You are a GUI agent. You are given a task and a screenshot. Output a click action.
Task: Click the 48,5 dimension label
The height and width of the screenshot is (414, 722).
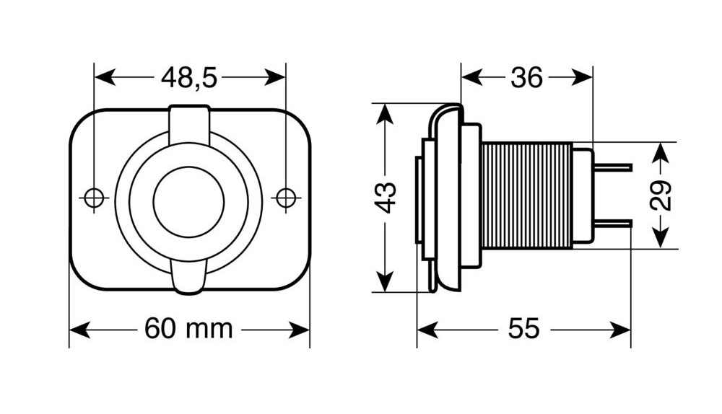coord(188,77)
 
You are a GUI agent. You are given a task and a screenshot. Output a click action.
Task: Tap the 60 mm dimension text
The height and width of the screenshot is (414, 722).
coord(188,329)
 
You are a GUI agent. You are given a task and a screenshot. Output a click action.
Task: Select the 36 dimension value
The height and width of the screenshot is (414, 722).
coord(527,78)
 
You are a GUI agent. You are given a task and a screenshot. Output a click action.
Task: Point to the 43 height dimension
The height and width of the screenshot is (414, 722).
coord(385,198)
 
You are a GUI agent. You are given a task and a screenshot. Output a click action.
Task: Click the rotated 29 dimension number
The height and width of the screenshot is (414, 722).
coord(661,195)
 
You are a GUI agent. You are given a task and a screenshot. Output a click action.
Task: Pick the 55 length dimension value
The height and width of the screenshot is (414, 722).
coord(523,329)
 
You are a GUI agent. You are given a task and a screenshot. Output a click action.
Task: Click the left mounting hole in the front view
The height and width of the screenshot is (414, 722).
coord(94,198)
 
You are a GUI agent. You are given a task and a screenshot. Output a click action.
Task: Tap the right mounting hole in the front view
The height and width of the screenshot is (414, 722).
coord(286,198)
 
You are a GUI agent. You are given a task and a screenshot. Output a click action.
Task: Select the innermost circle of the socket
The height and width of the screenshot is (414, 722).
coord(188,203)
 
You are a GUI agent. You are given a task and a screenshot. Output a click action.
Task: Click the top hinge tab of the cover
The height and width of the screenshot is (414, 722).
coord(189,123)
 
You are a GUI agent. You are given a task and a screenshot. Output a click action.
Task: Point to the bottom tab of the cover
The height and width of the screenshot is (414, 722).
coord(188,276)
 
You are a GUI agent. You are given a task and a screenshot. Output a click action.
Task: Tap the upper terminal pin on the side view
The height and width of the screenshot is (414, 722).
coord(612,167)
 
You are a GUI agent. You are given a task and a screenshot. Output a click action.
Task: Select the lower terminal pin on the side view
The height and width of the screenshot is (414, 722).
coord(612,224)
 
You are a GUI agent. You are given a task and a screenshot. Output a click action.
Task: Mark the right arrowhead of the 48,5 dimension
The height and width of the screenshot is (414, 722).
coord(275,77)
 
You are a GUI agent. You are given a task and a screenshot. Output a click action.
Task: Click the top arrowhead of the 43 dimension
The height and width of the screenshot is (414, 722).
coord(385,114)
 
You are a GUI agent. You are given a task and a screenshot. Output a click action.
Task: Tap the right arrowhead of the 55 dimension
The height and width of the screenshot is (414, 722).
coord(619,330)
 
